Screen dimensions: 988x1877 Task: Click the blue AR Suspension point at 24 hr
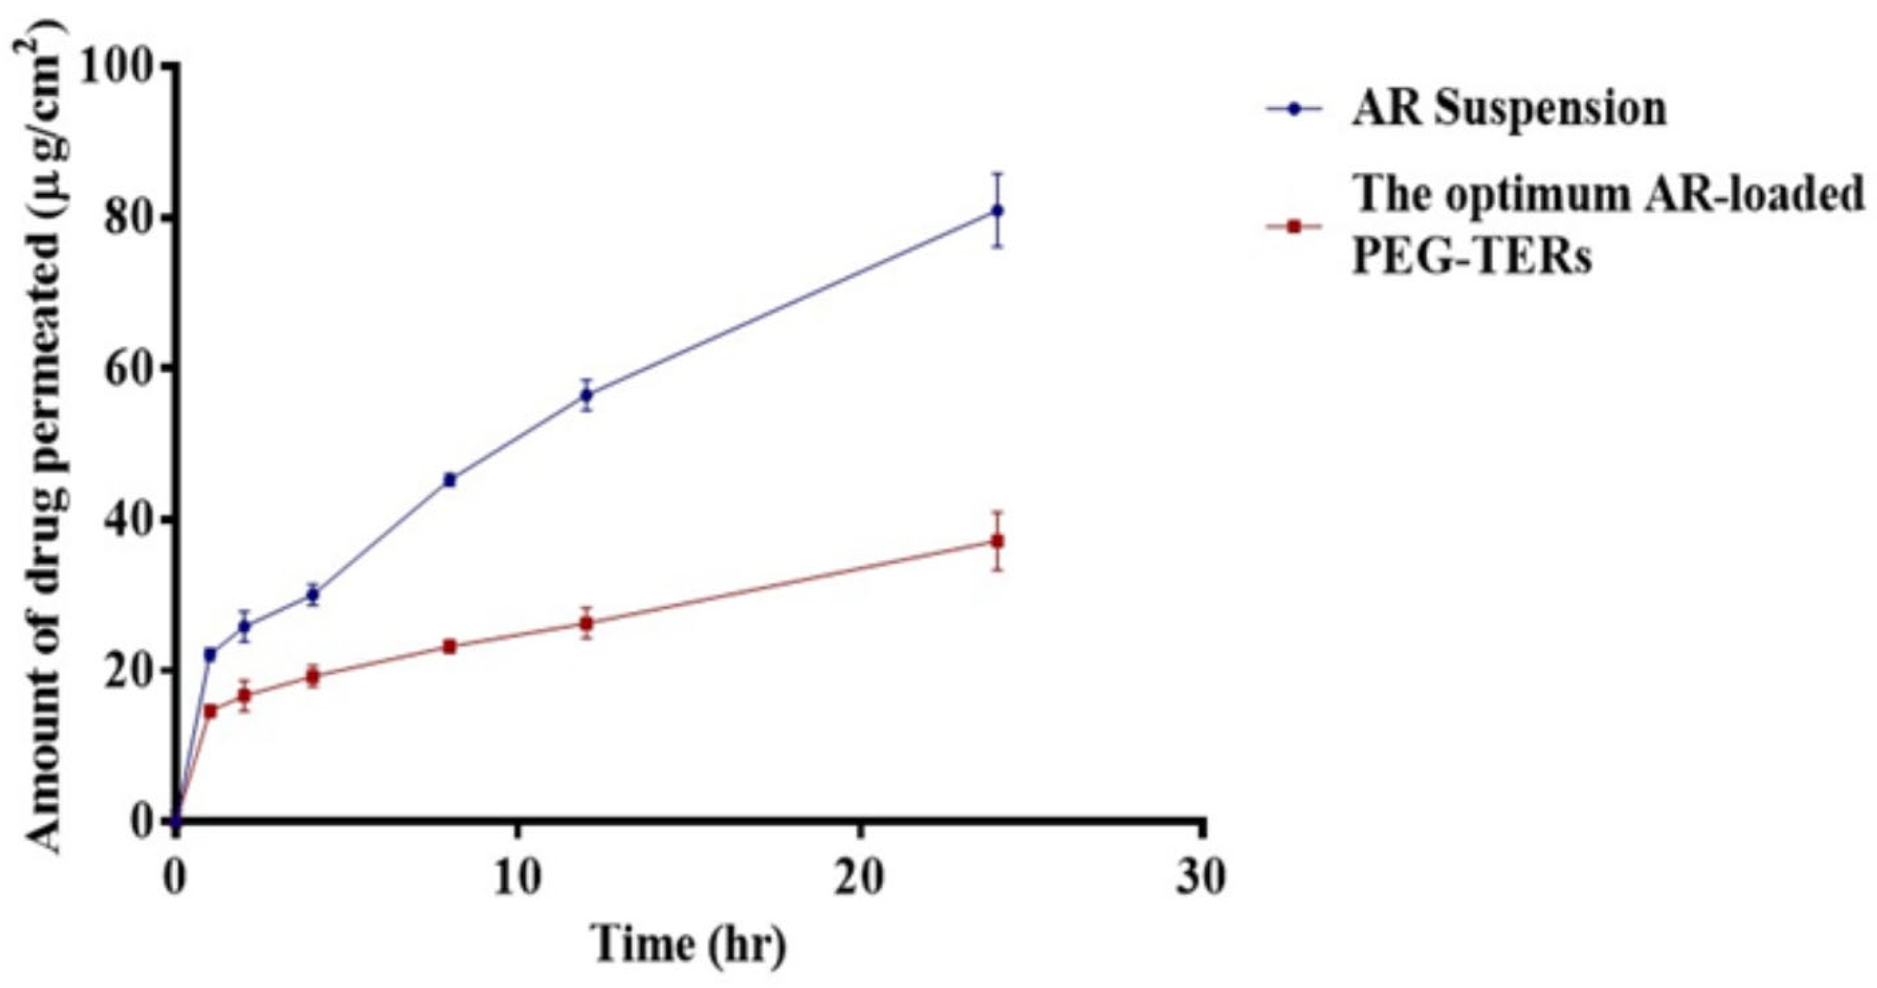pos(998,210)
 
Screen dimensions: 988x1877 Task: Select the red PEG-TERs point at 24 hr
pos(998,541)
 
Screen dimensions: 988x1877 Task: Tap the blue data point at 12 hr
pos(586,395)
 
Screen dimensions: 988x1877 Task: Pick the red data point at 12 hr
pos(586,623)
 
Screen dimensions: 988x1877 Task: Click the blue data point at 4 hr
pos(313,594)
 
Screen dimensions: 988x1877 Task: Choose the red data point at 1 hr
pos(210,711)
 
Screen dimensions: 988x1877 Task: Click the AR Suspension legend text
pos(1509,109)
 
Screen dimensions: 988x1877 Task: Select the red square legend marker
pos(1294,227)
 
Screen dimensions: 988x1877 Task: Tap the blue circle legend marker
pos(1294,109)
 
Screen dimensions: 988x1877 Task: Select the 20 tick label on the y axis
pos(131,672)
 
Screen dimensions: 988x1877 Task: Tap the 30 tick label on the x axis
pos(1202,880)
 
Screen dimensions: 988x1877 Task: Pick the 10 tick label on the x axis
pos(517,880)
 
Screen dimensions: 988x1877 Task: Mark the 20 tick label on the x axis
pos(860,880)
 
